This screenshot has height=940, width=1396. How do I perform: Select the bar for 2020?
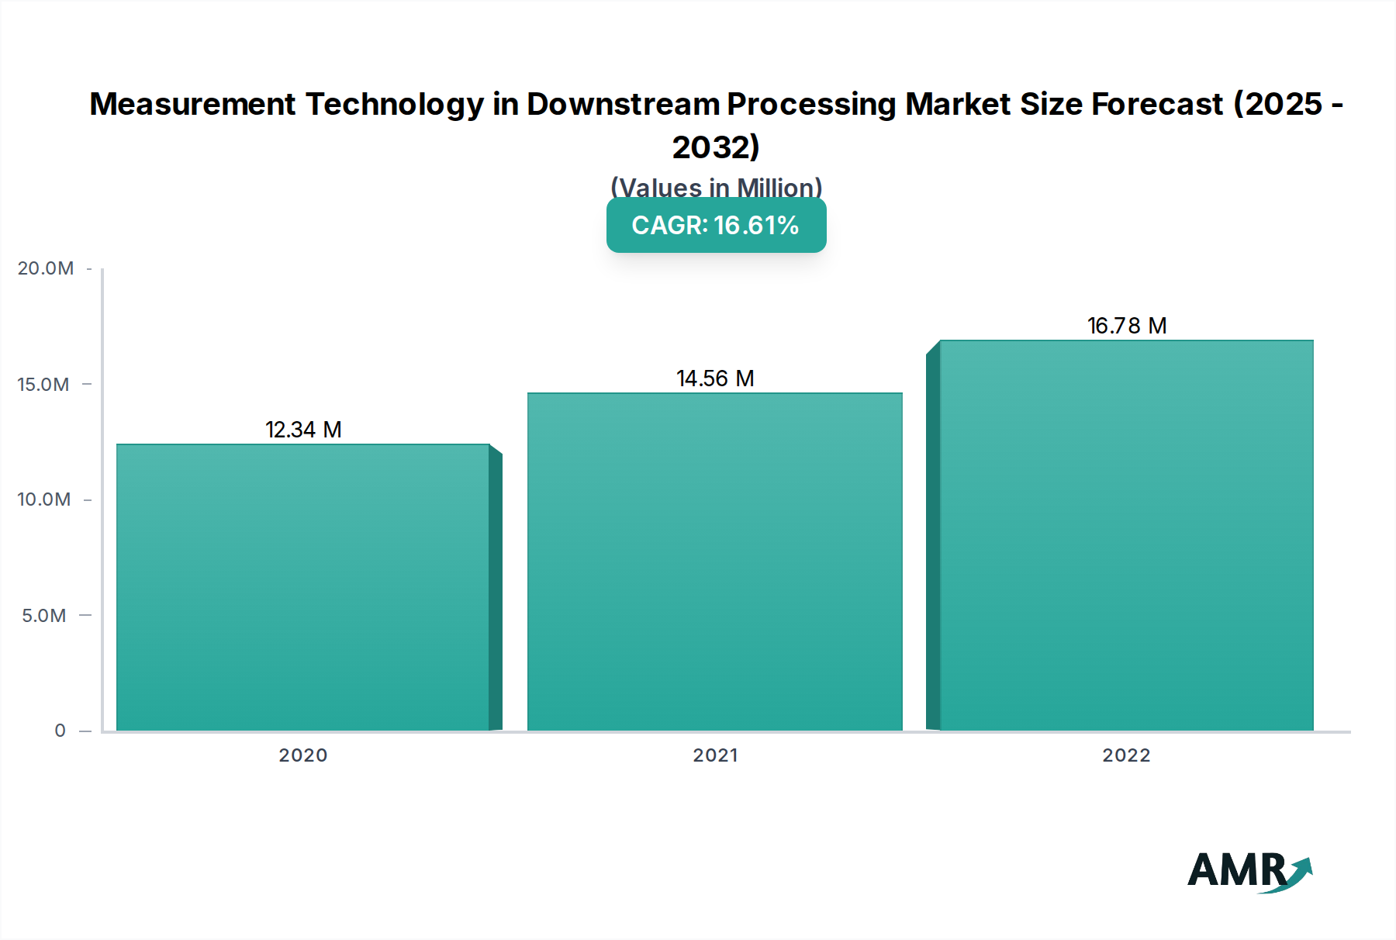[x=303, y=587]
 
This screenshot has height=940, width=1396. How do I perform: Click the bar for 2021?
[x=715, y=562]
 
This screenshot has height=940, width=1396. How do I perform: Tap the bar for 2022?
[x=1126, y=535]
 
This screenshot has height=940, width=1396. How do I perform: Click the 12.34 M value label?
[x=303, y=430]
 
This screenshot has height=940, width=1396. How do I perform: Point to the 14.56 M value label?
[x=715, y=378]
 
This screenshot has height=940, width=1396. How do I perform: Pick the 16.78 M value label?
[x=1127, y=326]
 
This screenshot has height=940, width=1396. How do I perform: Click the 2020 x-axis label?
[x=303, y=755]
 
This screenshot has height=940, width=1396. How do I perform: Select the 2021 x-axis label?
[x=715, y=755]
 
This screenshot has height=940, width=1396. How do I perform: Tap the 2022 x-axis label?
[x=1126, y=755]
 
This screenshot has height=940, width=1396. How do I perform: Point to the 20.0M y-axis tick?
[x=46, y=268]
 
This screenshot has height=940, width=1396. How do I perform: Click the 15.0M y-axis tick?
[x=43, y=385]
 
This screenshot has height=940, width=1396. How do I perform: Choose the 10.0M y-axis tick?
[x=43, y=499]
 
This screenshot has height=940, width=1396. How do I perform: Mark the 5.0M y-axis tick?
[x=44, y=616]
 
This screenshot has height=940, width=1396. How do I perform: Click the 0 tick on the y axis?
[x=60, y=731]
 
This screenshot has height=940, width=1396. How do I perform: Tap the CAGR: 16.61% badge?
[x=716, y=226]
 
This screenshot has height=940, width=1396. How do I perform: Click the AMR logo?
[x=1249, y=871]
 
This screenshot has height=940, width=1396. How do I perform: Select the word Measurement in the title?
[x=192, y=104]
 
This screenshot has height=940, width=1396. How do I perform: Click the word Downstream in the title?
[x=623, y=104]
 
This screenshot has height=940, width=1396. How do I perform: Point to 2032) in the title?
[x=716, y=147]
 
